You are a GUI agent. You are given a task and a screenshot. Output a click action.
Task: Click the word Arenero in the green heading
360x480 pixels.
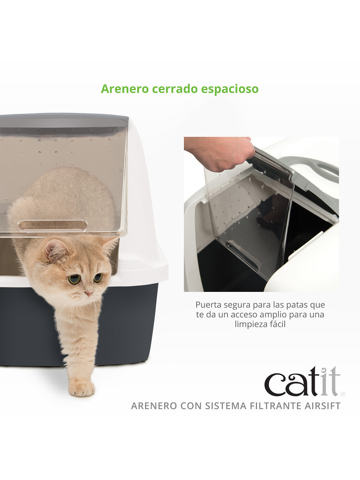click(x=125, y=89)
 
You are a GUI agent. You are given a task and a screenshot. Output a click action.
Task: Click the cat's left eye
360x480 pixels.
click(x=74, y=279)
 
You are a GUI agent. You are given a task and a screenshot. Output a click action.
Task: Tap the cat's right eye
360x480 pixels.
click(x=98, y=277)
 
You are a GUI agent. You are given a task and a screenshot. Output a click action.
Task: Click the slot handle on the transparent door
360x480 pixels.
click(x=53, y=225)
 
